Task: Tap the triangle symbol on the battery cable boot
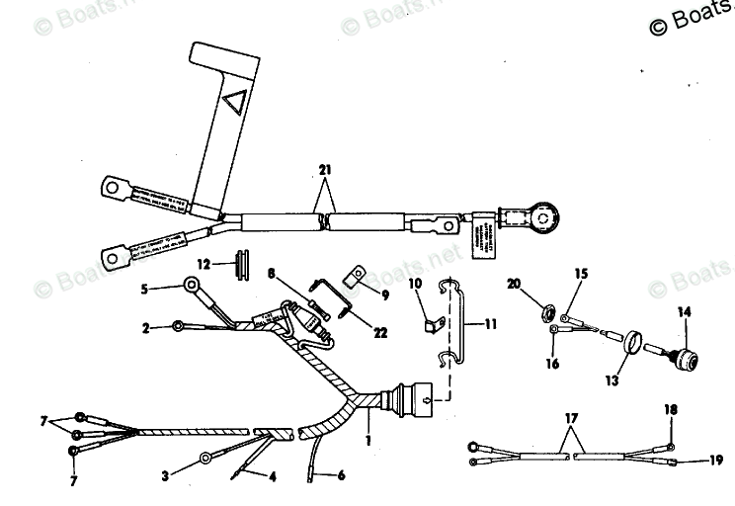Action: [x=235, y=101]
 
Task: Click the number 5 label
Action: [x=143, y=290]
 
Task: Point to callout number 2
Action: [x=145, y=326]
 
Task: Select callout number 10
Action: [x=416, y=285]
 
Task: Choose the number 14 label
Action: [x=683, y=313]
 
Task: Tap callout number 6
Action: [x=341, y=475]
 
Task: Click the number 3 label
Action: [x=165, y=475]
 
